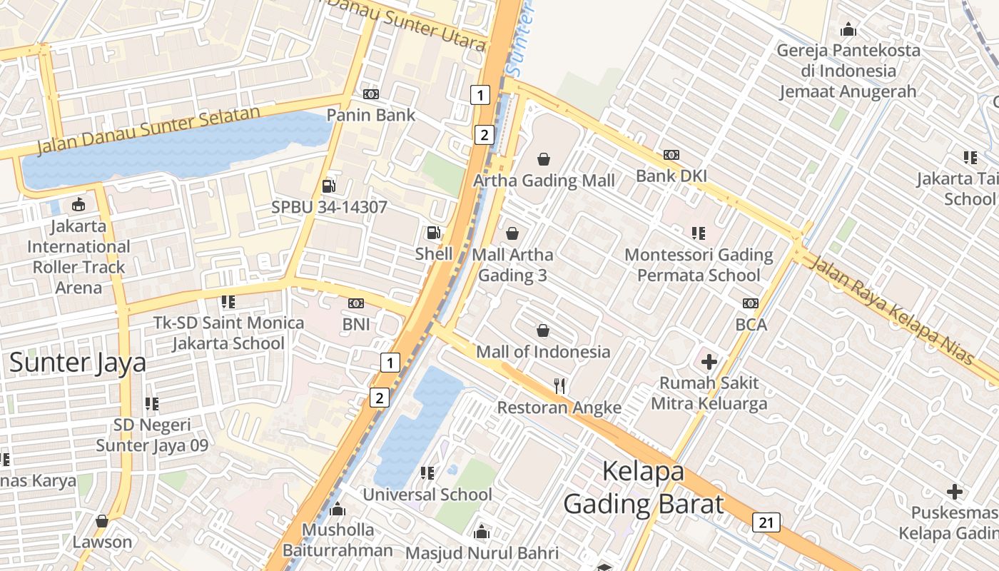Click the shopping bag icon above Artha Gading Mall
544,159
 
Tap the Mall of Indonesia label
543,352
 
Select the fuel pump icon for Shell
433,233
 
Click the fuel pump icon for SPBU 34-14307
329,186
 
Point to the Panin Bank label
370,115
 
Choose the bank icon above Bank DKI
671,155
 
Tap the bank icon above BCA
751,303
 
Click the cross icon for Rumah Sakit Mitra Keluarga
709,361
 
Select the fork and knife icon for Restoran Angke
559,386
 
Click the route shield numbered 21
766,522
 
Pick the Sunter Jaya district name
78,363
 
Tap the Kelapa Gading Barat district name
643,487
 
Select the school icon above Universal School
427,473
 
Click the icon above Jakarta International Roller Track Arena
78,206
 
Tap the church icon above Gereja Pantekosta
848,29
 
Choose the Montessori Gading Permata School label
699,265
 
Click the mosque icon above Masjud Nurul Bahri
482,532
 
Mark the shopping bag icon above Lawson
102,521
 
